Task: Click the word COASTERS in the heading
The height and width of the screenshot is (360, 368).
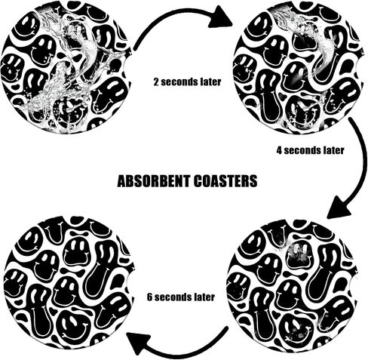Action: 225,181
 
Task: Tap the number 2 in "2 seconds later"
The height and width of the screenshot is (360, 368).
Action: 156,82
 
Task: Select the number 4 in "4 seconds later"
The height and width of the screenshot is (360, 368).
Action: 279,150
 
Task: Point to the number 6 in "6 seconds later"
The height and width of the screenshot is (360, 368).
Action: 150,297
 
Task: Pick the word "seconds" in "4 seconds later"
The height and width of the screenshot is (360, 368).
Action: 303,150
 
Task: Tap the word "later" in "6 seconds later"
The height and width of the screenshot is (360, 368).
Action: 204,297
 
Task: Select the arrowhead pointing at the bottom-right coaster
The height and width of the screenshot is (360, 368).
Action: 339,208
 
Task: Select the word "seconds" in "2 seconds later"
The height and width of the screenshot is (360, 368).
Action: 180,82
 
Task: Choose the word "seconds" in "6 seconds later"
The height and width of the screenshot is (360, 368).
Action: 173,297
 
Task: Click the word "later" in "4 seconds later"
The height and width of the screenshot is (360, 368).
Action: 334,150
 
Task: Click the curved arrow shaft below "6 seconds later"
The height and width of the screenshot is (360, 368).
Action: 192,352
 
